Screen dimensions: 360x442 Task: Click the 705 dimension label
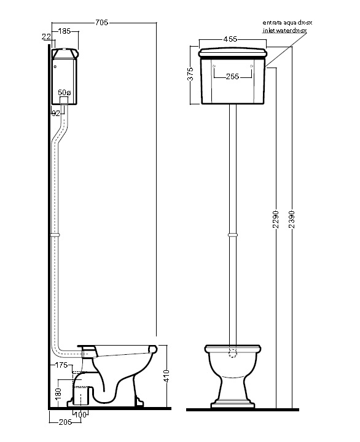tap(101, 22)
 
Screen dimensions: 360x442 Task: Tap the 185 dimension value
tap(65, 31)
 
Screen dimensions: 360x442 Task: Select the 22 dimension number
tap(46, 37)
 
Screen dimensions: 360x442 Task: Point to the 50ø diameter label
tap(65, 92)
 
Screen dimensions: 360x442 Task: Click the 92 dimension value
tap(56, 114)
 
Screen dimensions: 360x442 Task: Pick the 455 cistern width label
tap(230, 39)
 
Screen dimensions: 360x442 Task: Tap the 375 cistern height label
tap(190, 74)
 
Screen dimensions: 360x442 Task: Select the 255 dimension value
tap(232, 76)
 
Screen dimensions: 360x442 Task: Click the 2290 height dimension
tap(276, 219)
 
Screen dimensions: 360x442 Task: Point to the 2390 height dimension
tap(292, 219)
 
